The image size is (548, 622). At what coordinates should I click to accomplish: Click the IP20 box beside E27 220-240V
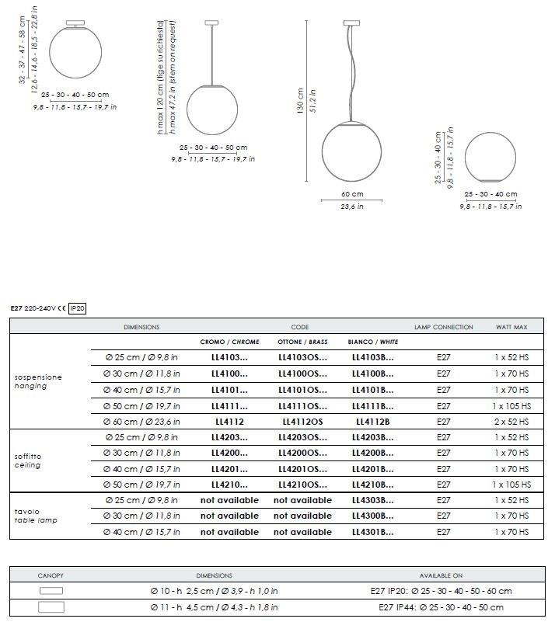point(77,308)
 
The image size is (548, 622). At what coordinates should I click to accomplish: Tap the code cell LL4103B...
point(372,358)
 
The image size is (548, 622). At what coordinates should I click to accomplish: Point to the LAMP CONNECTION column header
point(443,327)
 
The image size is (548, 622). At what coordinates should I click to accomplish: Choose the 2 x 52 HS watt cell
point(511,422)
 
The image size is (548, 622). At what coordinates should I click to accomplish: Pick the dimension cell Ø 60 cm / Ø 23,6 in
point(142,422)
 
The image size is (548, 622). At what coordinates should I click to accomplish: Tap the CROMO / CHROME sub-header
point(229,342)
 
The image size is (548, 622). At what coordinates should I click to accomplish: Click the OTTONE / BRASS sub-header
point(302,342)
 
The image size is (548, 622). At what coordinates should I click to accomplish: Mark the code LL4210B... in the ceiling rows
point(372,485)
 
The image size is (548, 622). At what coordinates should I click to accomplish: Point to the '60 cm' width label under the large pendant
point(351,194)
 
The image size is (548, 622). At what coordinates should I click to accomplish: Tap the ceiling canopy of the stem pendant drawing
point(211,23)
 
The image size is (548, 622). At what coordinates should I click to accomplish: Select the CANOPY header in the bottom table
point(51,575)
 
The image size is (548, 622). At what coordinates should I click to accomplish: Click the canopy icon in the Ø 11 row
point(51,607)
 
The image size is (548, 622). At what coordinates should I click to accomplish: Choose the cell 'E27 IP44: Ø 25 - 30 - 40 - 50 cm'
point(441,607)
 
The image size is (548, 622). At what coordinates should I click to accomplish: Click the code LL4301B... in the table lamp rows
point(372,532)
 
